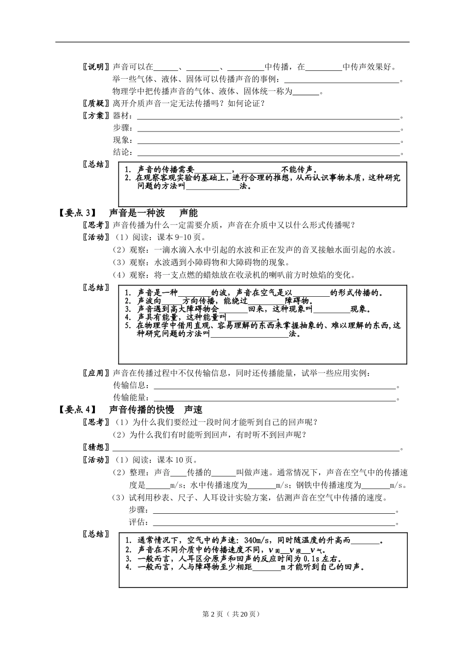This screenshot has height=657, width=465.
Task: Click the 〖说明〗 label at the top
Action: pyautogui.click(x=96, y=67)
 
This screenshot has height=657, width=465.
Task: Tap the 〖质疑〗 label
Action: pyautogui.click(x=96, y=104)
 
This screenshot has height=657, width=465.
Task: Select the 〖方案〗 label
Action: pyautogui.click(x=96, y=116)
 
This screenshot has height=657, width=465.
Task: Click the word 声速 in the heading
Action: pyautogui.click(x=193, y=410)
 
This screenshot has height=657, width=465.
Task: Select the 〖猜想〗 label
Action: pyautogui.click(x=96, y=448)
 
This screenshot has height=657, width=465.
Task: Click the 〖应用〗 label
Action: pyautogui.click(x=96, y=373)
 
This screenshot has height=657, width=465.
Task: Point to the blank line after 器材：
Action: pyautogui.click(x=268, y=117)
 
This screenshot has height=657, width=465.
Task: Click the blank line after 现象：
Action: pyautogui.click(x=268, y=142)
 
